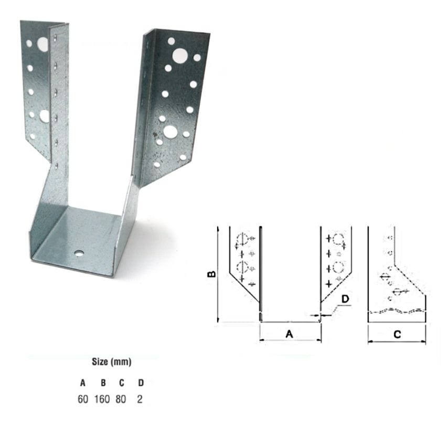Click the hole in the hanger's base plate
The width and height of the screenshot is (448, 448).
tap(79, 253)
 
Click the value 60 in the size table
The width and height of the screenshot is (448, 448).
tap(83, 399)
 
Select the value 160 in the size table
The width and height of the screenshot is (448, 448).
tap(102, 399)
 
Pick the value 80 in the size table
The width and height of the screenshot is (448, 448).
tap(121, 399)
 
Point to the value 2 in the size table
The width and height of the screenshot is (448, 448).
tap(139, 399)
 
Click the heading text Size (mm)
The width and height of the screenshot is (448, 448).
tap(111, 362)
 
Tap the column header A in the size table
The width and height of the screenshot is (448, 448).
tap(83, 383)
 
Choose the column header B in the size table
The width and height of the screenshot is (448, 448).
tap(103, 383)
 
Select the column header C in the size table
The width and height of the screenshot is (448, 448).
tap(121, 383)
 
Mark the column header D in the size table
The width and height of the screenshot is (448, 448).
tap(140, 383)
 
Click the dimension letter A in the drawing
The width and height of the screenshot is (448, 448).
tap(289, 333)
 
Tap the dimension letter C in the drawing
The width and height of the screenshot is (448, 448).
tap(397, 334)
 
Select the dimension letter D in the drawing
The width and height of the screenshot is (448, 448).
tap(345, 300)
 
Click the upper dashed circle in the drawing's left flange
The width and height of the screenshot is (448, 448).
tap(242, 241)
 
